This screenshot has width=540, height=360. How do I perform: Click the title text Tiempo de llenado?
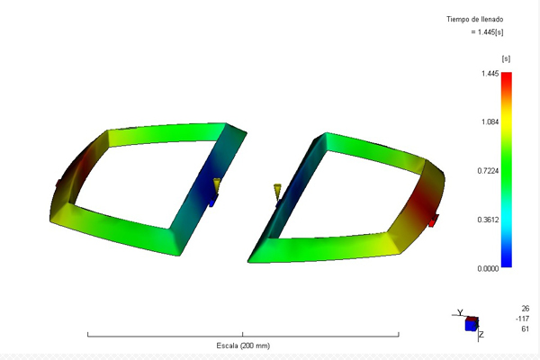click(475, 19)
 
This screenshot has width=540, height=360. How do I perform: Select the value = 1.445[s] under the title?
click(487, 32)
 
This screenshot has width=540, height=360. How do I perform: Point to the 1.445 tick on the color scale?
click(490, 74)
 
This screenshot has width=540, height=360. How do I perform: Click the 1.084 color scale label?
click(490, 121)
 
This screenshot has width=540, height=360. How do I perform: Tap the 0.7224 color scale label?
click(488, 171)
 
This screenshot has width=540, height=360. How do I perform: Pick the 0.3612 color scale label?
click(488, 220)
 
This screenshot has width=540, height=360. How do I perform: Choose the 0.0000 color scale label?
click(488, 269)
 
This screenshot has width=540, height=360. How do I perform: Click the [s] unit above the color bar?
click(506, 58)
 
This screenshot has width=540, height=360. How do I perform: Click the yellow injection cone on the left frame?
click(217, 185)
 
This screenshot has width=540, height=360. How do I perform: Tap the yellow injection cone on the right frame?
click(277, 192)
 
